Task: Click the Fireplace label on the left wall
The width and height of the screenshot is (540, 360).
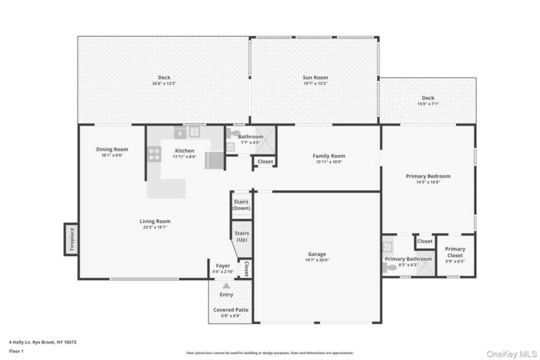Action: pos(72,239)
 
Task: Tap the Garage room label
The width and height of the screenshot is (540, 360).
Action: pos(317,254)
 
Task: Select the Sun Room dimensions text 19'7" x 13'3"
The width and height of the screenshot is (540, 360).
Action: pos(315,83)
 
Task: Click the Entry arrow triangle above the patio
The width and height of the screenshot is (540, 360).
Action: pos(226,286)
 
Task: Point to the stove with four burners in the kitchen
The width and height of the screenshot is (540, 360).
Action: pos(155,154)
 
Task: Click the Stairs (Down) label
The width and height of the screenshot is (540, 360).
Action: pos(241,205)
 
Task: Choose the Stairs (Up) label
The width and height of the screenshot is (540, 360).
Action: pos(242,237)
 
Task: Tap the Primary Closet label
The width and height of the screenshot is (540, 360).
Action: pos(455,252)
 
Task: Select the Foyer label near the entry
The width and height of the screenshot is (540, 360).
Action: pos(223,266)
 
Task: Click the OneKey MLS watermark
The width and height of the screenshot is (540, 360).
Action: pos(512,354)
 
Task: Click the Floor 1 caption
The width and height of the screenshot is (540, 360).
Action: pos(16,351)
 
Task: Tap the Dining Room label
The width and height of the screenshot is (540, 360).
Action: pos(112,149)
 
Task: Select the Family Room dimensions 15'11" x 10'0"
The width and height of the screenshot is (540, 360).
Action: pos(329,162)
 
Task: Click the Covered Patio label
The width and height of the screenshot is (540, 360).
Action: pos(231,310)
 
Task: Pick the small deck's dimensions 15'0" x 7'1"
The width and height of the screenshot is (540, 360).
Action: pos(428,104)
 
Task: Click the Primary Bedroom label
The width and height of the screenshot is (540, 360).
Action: pos(428,176)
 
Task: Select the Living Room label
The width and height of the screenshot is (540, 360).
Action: pos(155,221)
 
